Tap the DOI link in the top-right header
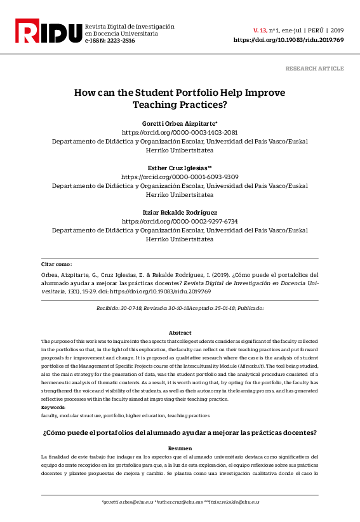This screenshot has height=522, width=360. pos(288,39)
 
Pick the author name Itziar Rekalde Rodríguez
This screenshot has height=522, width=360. pos(180,211)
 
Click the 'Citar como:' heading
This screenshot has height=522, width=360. pos(57,264)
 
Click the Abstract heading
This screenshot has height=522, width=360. pos(180,333)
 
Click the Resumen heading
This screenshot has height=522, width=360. pos(180,448)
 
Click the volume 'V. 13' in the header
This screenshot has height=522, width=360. pos(260,30)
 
